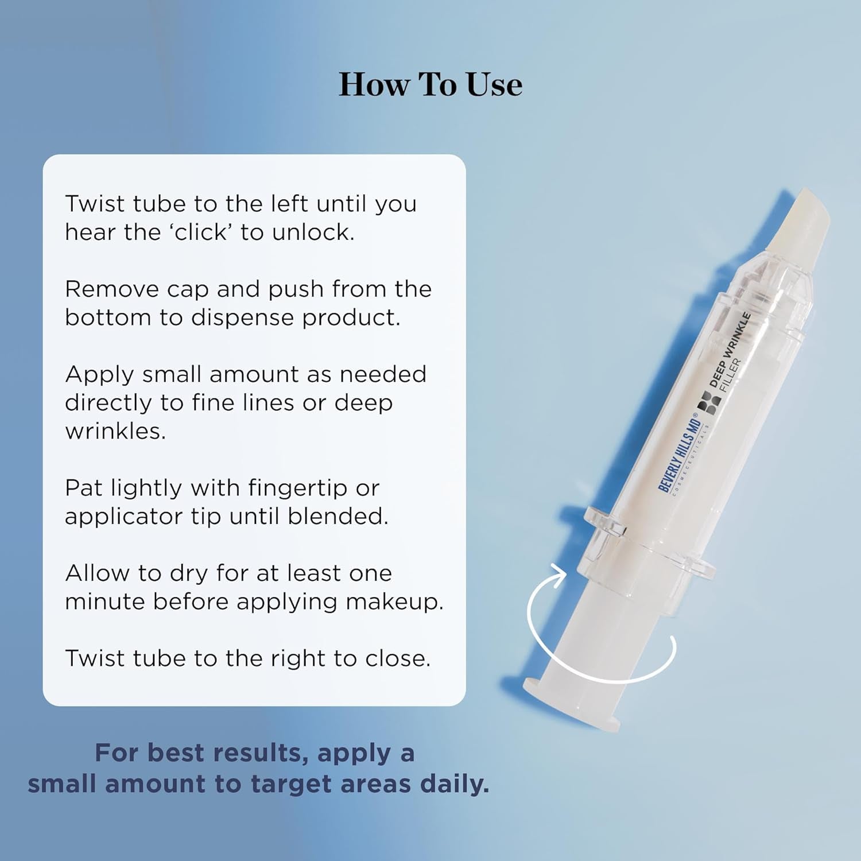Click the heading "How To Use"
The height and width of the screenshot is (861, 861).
(x=430, y=85)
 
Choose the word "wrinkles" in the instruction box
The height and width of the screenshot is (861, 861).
(x=115, y=431)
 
